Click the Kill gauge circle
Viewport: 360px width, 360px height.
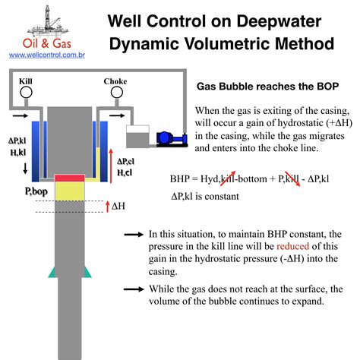pyautogui.click(x=25, y=92)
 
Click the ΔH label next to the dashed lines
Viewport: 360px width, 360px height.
pyautogui.click(x=118, y=205)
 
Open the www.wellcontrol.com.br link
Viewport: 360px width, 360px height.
pyautogui.click(x=41, y=55)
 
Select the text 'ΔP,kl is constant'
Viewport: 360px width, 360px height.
pyautogui.click(x=205, y=196)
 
